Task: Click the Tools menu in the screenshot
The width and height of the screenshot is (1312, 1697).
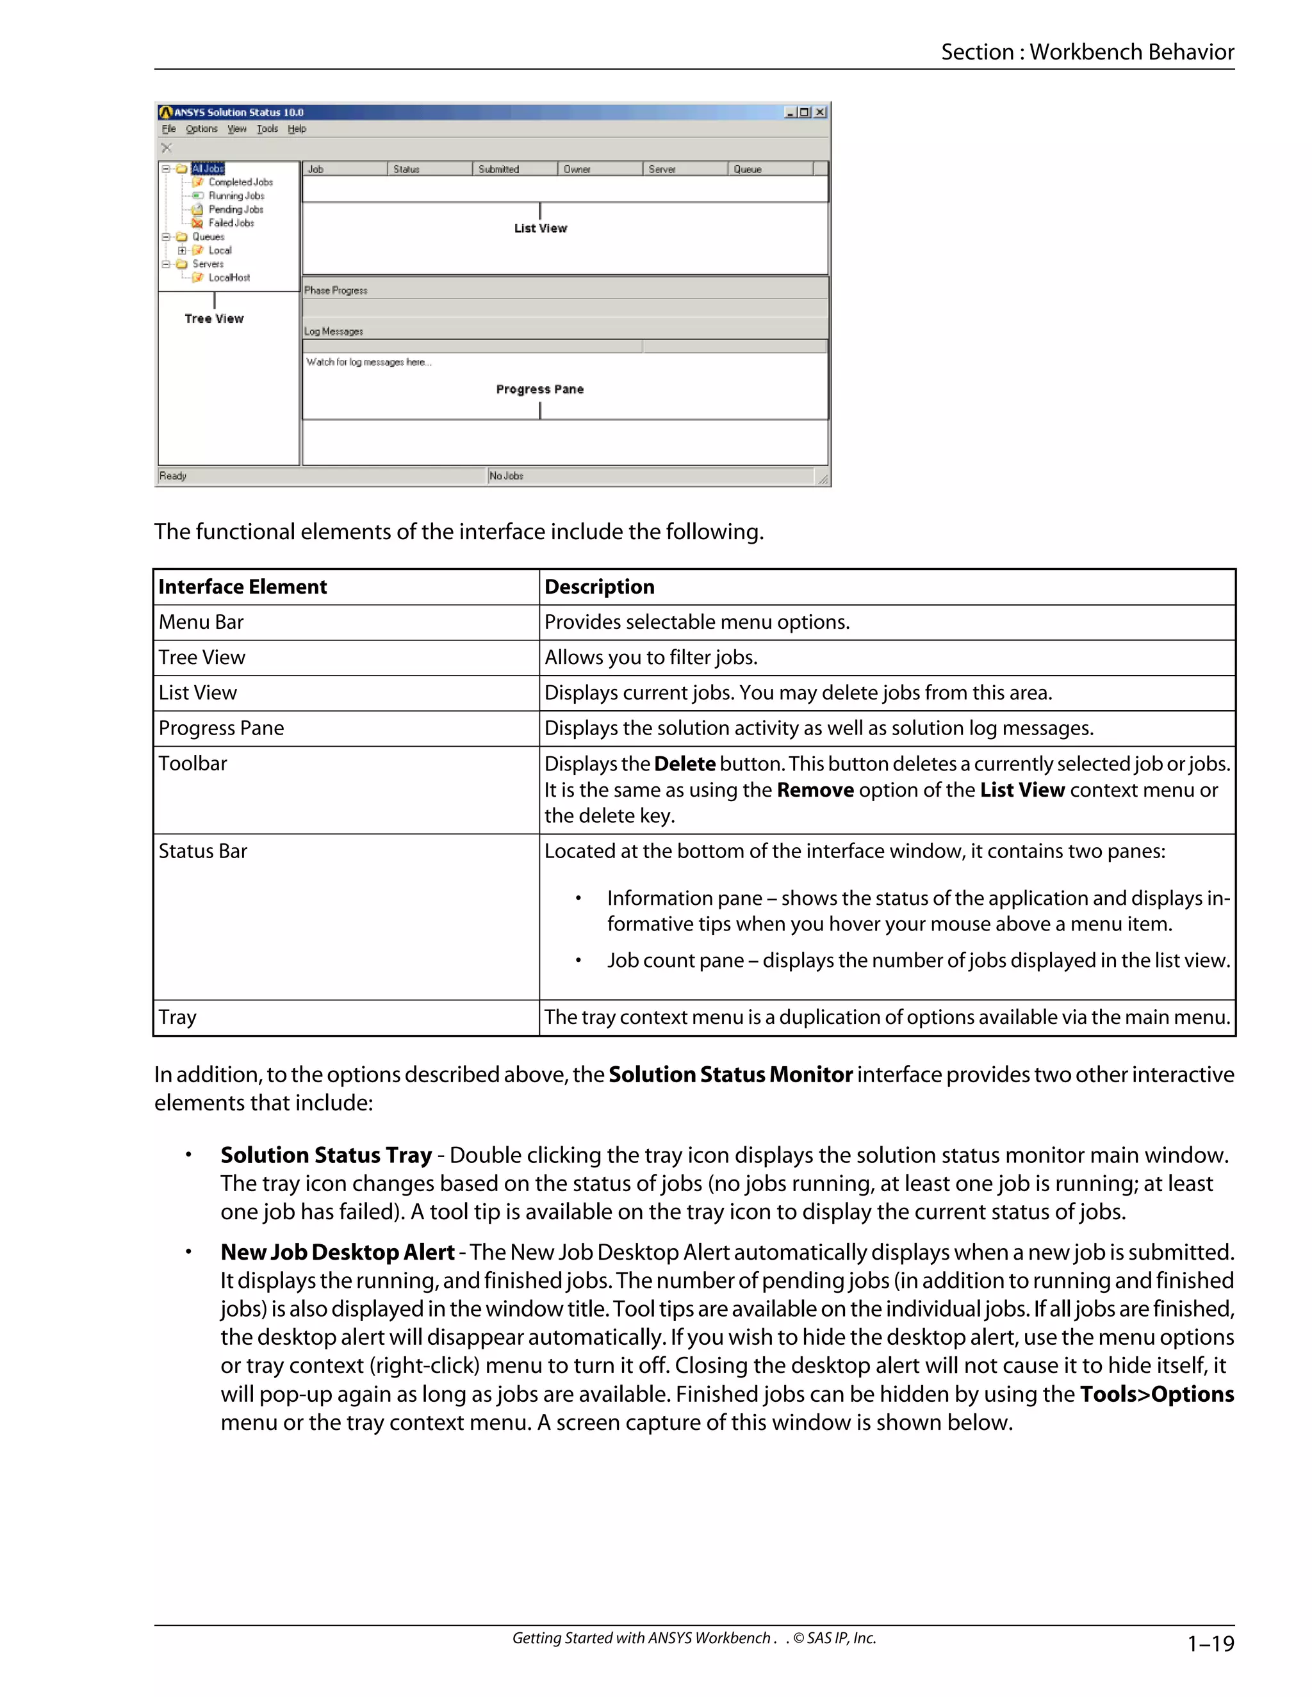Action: pos(266,129)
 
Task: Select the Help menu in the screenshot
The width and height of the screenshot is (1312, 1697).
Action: pos(297,129)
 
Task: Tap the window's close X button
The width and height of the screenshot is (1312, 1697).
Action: pos(820,113)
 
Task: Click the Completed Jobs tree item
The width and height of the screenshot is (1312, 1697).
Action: pos(240,182)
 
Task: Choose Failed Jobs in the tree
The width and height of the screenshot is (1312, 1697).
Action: pos(231,223)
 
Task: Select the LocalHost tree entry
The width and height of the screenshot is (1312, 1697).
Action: pos(229,277)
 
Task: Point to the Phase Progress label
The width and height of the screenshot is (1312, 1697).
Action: pos(336,291)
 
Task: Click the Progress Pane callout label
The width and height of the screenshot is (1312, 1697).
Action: pos(539,389)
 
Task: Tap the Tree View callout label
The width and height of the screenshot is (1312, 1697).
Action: pos(214,318)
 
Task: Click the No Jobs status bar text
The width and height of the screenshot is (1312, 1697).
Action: pos(506,476)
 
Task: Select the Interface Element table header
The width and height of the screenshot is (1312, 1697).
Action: pos(243,587)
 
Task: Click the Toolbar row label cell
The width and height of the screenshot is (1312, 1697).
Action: pos(193,763)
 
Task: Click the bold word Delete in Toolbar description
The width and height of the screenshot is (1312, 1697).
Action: pos(684,764)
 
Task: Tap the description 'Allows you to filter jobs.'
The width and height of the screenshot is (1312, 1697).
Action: pos(651,658)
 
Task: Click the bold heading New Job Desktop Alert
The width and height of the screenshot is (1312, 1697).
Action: pos(338,1252)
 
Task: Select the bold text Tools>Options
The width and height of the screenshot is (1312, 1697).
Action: pos(1156,1394)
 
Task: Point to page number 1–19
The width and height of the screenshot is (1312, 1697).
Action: pos(1210,1643)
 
